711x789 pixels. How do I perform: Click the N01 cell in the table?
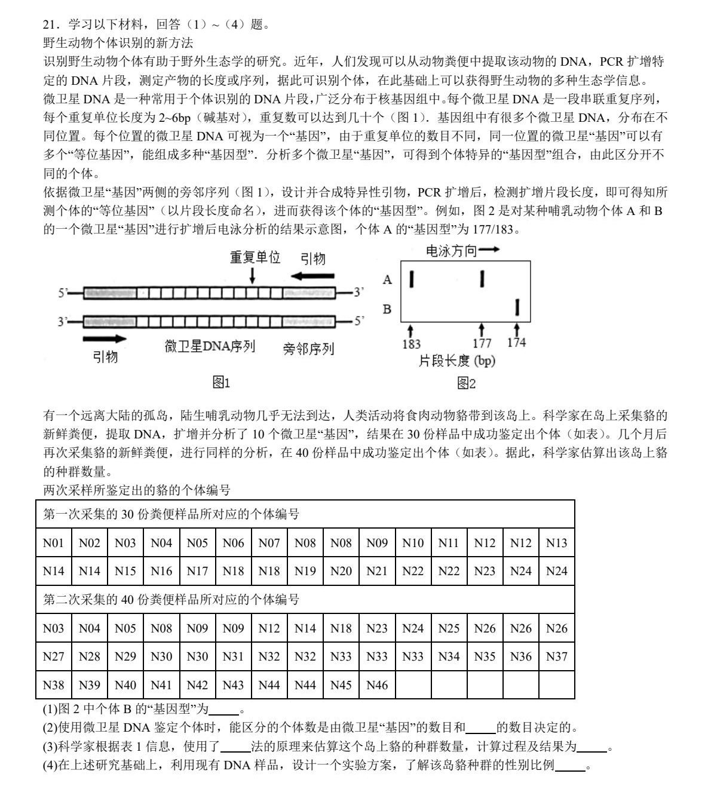click(x=53, y=543)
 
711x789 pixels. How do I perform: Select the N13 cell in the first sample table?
click(x=556, y=543)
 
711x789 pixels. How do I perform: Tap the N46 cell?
click(x=376, y=685)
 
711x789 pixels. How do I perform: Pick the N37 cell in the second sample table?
click(x=556, y=656)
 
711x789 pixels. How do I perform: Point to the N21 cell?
click(x=376, y=571)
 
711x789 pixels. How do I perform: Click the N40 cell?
click(x=125, y=685)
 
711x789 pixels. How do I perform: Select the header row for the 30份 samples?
click(x=305, y=514)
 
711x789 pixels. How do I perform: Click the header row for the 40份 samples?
click(x=305, y=600)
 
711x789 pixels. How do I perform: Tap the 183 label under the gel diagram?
click(x=411, y=344)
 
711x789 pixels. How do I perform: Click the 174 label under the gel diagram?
click(x=516, y=343)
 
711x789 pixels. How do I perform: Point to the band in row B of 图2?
click(x=517, y=308)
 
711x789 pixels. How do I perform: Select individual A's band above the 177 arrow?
click(x=482, y=278)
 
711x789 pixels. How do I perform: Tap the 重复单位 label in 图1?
click(x=255, y=258)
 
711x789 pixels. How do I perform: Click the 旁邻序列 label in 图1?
click(x=308, y=349)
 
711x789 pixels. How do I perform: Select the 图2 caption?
click(x=466, y=383)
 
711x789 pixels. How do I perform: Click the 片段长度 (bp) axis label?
click(x=457, y=361)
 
